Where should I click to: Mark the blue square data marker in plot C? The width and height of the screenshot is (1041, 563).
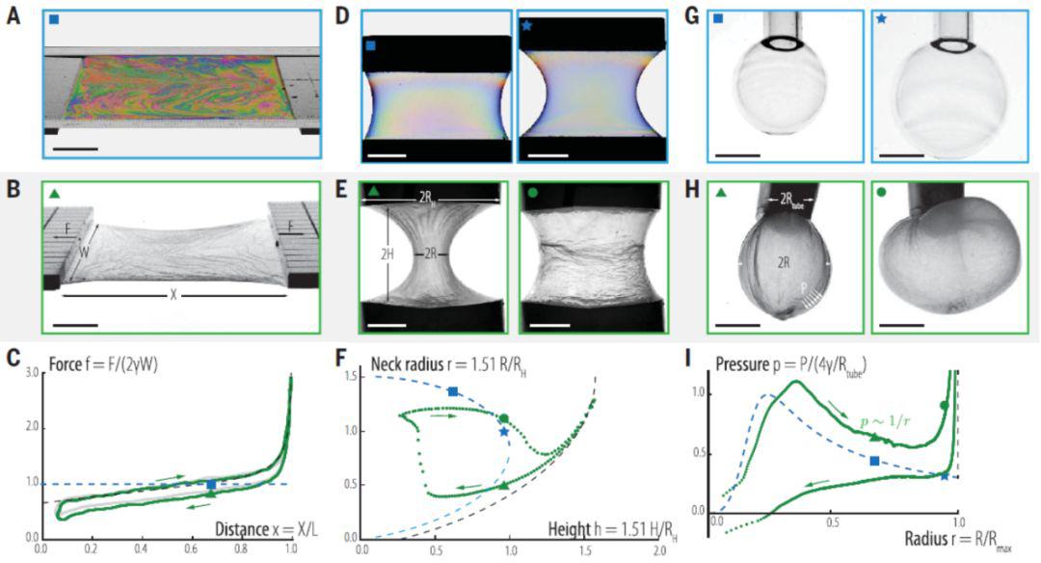[212, 484]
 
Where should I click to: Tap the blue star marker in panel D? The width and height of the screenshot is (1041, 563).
[526, 25]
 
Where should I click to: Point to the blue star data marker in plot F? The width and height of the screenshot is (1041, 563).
[504, 432]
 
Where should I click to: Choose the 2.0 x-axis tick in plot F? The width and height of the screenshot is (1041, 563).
[660, 550]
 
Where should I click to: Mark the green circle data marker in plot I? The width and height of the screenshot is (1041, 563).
[944, 404]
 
